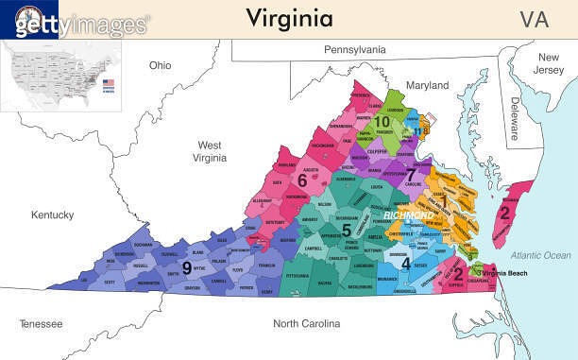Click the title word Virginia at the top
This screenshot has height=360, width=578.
point(289,18)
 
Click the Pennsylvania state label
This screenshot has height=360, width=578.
point(355,49)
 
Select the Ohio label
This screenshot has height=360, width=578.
point(161,65)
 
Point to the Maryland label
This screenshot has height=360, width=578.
point(427,86)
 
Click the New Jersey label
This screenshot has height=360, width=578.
point(549,64)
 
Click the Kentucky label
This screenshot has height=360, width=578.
point(52,215)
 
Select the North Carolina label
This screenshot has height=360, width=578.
point(306,324)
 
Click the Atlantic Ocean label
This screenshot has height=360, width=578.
point(541,256)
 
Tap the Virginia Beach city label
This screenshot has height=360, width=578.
point(511,273)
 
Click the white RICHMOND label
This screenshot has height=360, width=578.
point(409,216)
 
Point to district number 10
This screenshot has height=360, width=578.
point(382,121)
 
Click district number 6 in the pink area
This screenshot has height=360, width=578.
point(302,180)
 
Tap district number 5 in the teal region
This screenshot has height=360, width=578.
point(347,230)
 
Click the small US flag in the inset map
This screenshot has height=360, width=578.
point(108,82)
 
